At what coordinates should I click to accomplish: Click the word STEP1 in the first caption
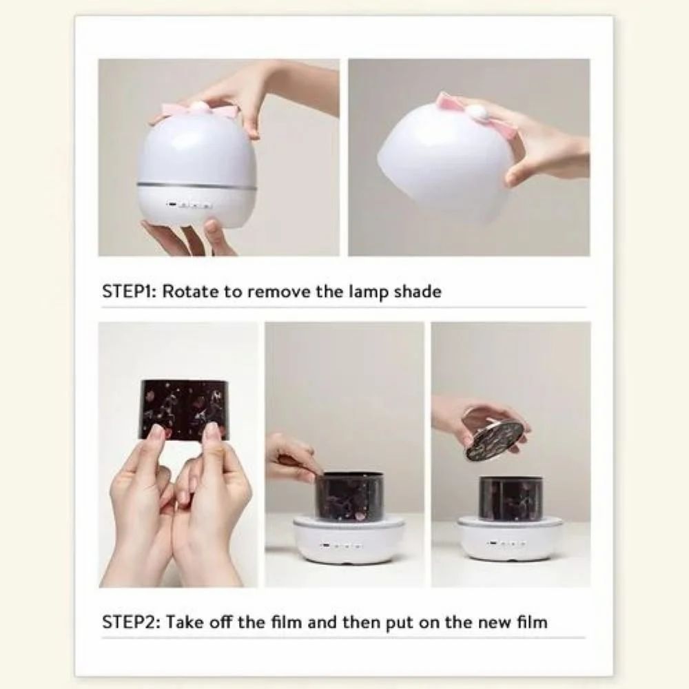pyautogui.click(x=129, y=291)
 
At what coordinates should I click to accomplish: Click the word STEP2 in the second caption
pyautogui.click(x=131, y=622)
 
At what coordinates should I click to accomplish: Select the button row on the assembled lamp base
pyautogui.click(x=189, y=205)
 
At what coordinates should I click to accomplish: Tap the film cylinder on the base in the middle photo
pyautogui.click(x=349, y=495)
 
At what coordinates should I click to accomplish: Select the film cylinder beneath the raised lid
pyautogui.click(x=511, y=499)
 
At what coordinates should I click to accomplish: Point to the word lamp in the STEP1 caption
pyautogui.click(x=369, y=292)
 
